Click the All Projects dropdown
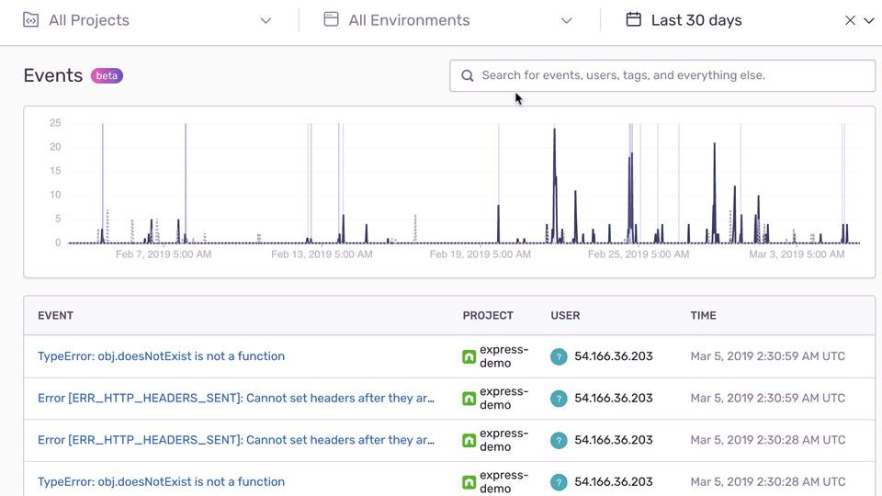click(x=147, y=20)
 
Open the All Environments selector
click(x=448, y=20)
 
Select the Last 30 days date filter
click(x=695, y=20)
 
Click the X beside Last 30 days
click(x=850, y=20)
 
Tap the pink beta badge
click(x=107, y=75)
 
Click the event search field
click(x=661, y=75)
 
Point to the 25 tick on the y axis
click(x=55, y=123)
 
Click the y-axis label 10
click(x=55, y=195)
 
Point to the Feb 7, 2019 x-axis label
click(x=164, y=254)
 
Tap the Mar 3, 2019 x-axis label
click(x=797, y=254)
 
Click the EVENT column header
click(x=55, y=315)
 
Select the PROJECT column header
click(x=488, y=315)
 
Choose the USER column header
click(x=565, y=315)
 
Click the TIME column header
click(x=703, y=315)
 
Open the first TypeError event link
click(x=161, y=356)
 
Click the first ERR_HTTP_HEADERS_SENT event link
click(x=236, y=398)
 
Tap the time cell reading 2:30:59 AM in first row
click(x=767, y=356)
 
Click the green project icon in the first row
click(x=469, y=356)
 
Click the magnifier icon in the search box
click(x=468, y=75)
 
